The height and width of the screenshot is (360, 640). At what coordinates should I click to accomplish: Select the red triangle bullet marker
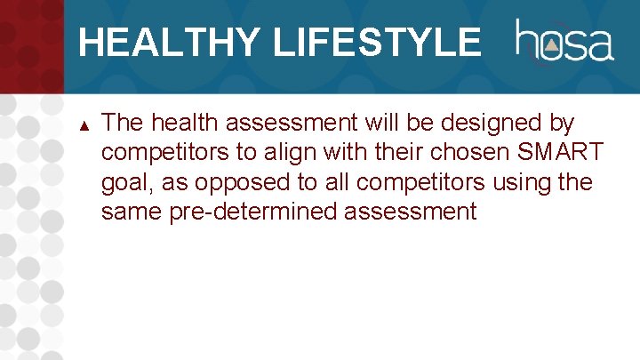point(84,123)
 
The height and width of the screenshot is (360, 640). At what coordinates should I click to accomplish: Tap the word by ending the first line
point(563,123)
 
